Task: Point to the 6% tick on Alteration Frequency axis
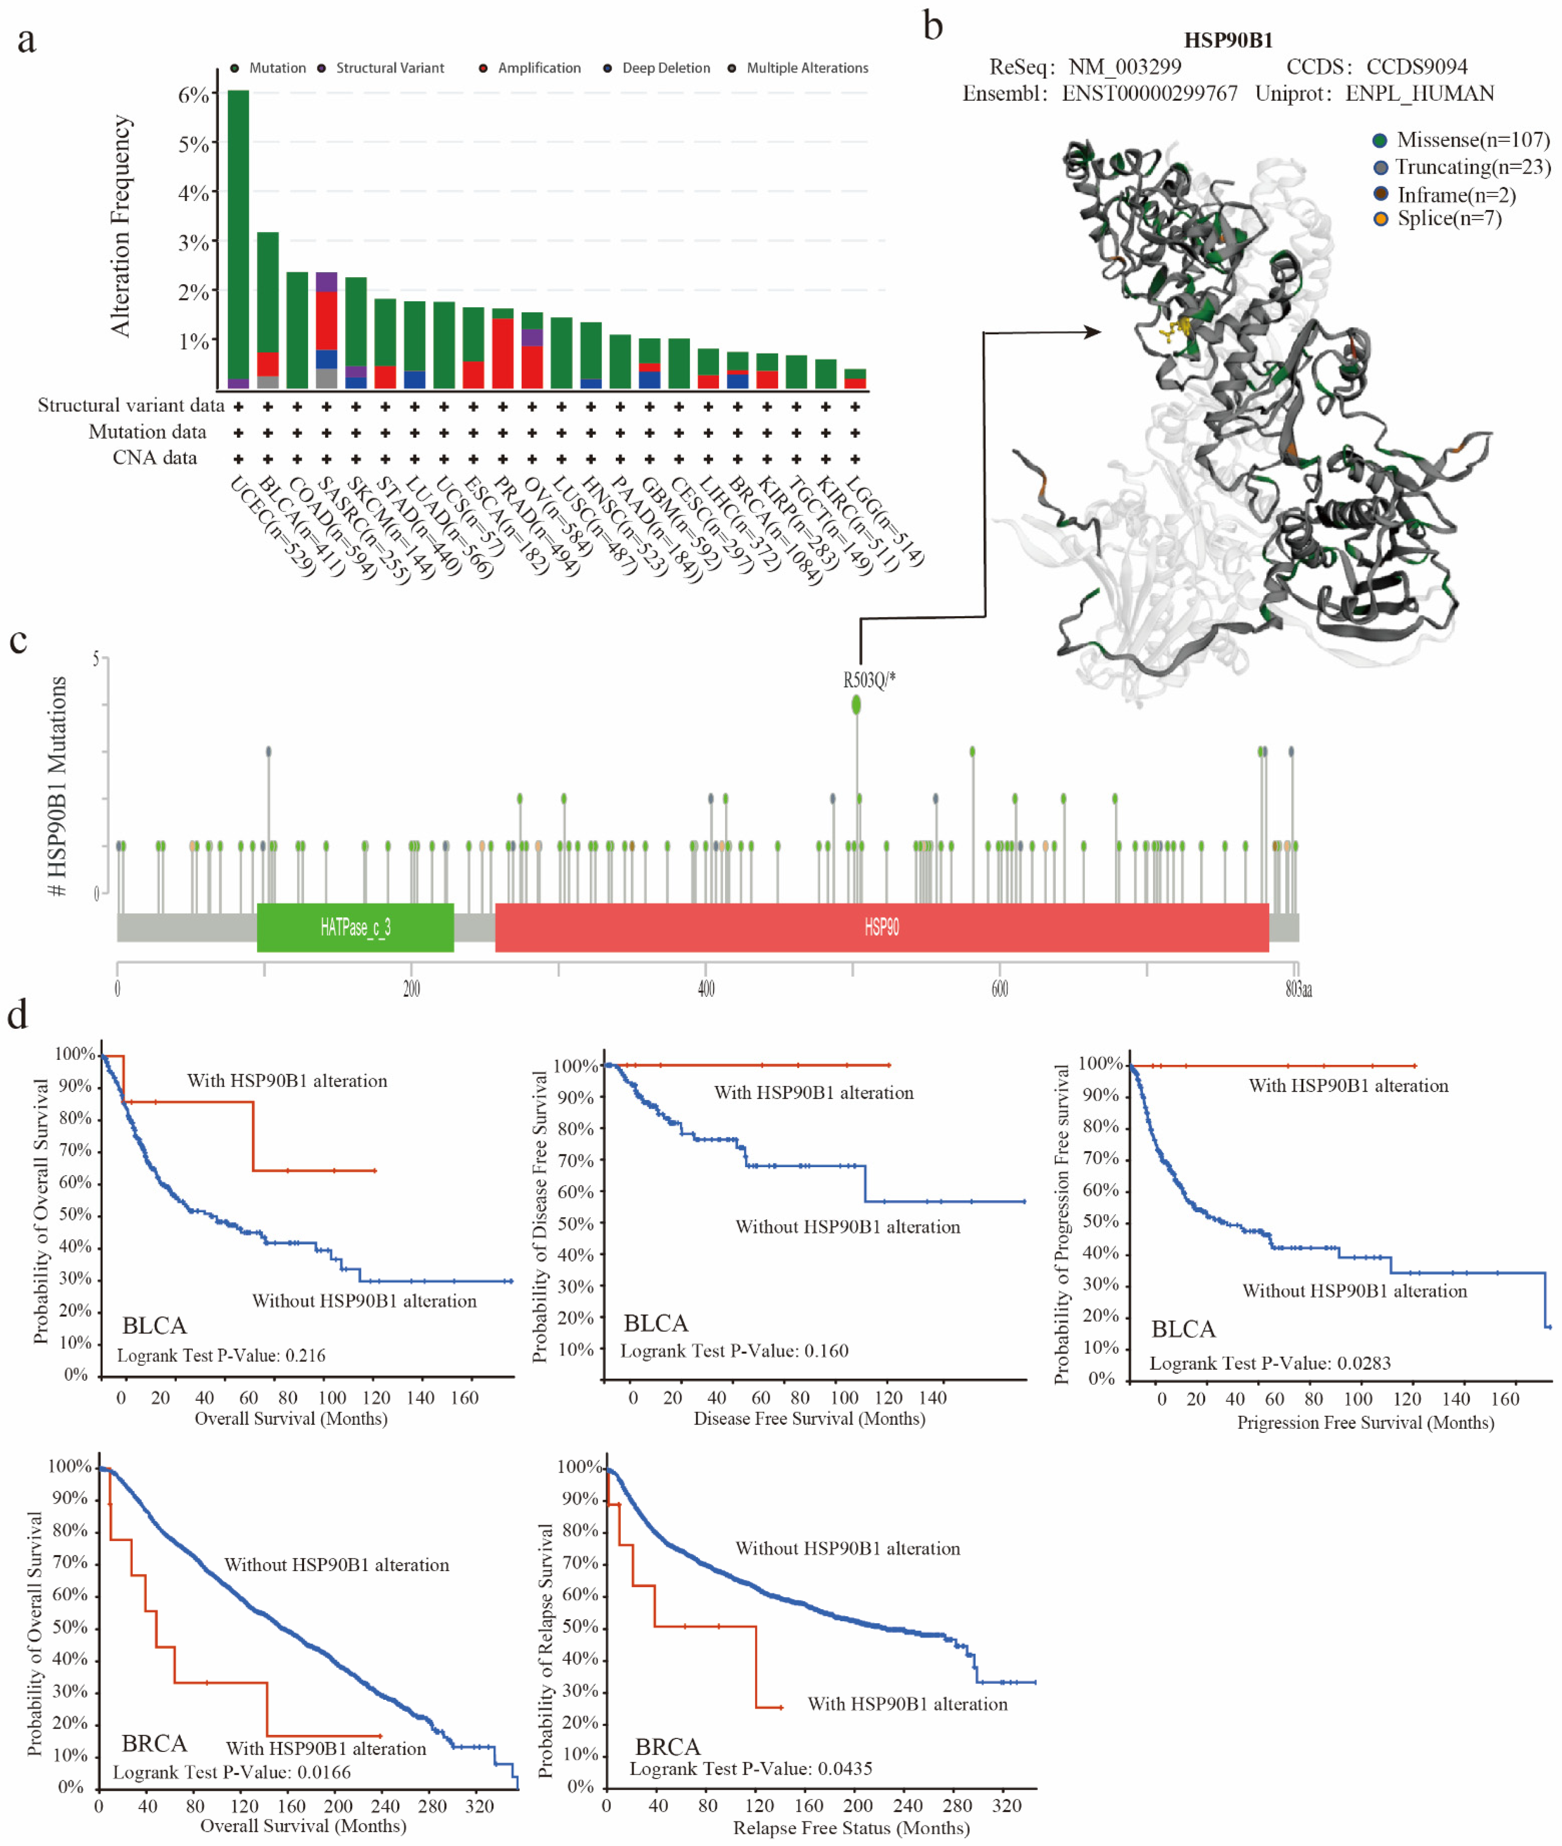point(193,95)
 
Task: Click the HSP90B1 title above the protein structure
point(1228,40)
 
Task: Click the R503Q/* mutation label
point(868,680)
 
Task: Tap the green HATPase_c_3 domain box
point(355,927)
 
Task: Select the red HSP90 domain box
point(881,927)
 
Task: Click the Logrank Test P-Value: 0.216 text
point(221,1355)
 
